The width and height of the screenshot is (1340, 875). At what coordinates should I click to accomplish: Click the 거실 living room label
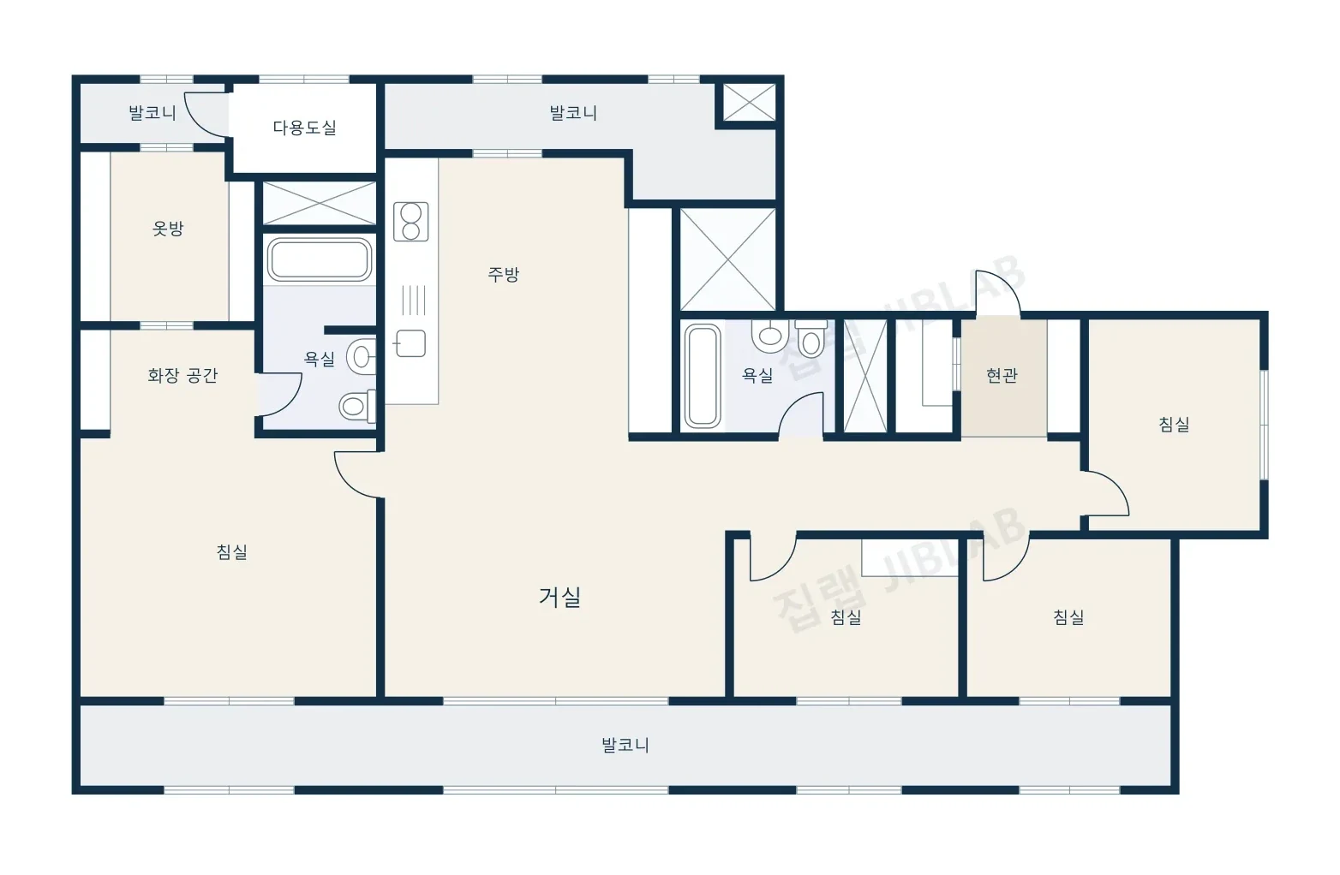click(559, 597)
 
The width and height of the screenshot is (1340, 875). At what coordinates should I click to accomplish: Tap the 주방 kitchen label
click(503, 274)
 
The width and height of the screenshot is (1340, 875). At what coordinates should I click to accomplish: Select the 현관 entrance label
click(1002, 375)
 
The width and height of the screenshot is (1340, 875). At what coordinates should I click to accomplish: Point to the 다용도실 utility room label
click(304, 128)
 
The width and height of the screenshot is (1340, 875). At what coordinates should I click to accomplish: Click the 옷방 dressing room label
click(168, 229)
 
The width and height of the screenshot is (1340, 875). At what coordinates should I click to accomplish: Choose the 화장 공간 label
click(182, 375)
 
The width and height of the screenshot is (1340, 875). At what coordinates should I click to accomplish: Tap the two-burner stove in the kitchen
click(411, 222)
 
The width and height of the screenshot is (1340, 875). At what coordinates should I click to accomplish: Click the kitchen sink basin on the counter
click(410, 343)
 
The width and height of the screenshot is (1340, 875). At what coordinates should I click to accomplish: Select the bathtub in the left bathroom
click(320, 259)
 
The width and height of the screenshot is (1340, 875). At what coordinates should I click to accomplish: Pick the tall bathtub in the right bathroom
click(703, 376)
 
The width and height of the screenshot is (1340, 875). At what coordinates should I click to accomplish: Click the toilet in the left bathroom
click(358, 407)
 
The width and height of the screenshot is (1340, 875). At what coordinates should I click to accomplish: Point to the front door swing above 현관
click(998, 292)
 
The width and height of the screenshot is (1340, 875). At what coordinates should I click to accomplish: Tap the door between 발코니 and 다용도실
click(206, 115)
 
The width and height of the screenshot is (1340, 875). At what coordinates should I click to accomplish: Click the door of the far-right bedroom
click(1107, 493)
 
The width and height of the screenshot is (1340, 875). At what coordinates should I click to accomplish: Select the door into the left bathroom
click(279, 395)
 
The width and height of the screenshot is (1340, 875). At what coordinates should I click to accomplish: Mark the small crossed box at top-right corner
click(750, 102)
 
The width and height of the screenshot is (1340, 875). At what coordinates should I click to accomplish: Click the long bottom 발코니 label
click(625, 745)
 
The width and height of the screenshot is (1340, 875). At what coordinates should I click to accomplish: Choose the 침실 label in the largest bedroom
click(232, 551)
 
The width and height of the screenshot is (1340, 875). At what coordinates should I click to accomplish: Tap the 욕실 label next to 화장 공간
click(320, 359)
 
